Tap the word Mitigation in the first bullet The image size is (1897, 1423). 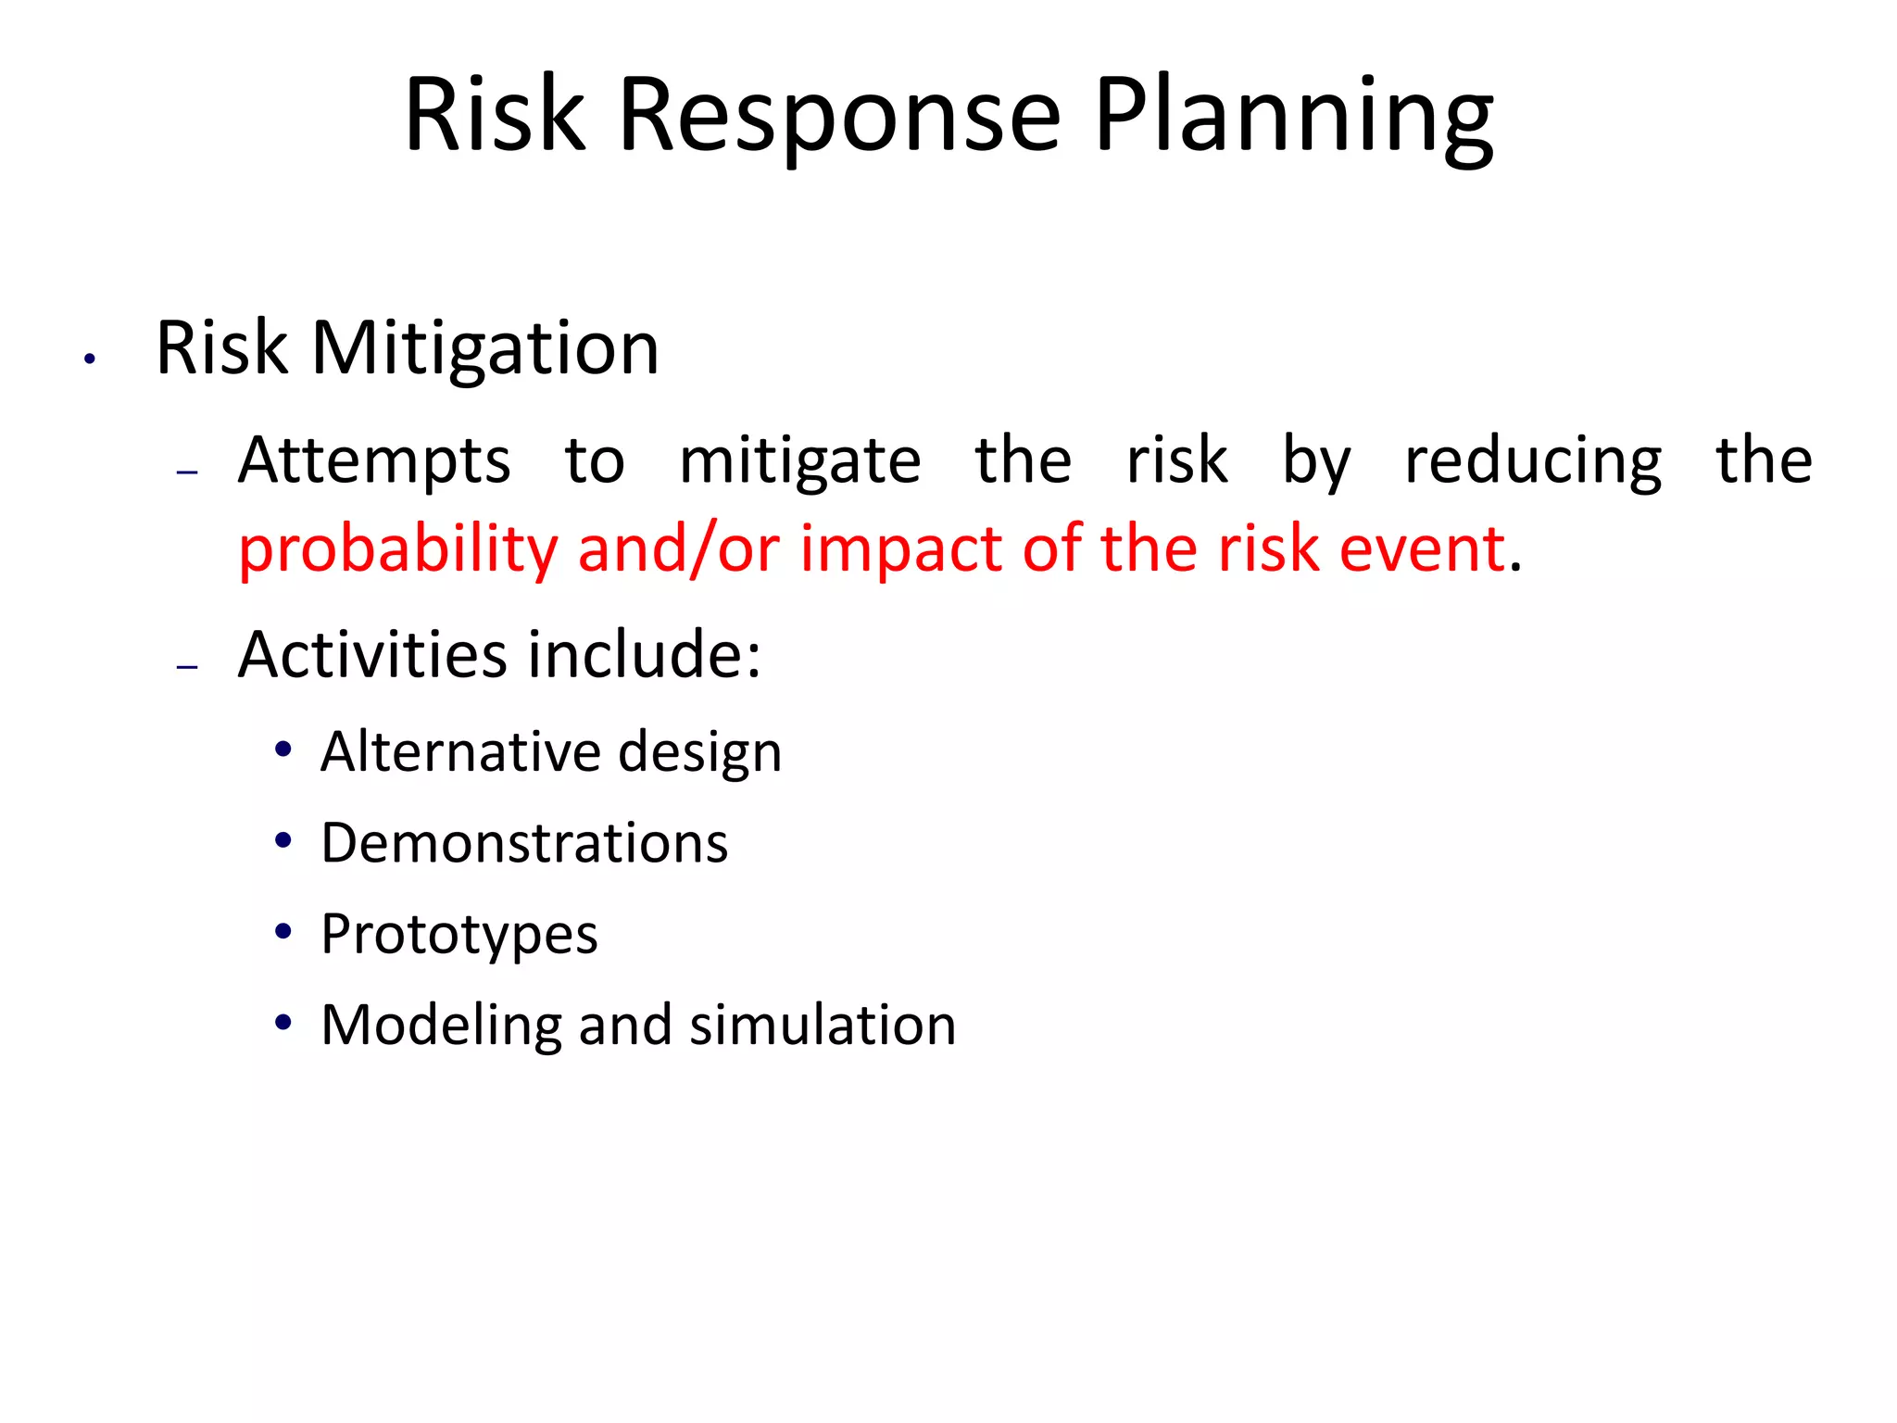coord(485,348)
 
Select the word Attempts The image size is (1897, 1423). coord(374,460)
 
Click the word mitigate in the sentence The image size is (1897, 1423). coord(800,460)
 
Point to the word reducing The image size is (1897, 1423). coord(1533,460)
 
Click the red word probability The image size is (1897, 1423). coord(398,549)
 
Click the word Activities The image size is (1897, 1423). coord(373,655)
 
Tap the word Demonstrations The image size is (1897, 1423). coord(524,843)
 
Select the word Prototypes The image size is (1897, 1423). coord(459,934)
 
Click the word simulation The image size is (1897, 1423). coord(823,1025)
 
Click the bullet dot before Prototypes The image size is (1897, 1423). coord(283,931)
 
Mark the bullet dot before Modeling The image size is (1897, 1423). coord(283,1023)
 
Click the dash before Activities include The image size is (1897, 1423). coord(188,666)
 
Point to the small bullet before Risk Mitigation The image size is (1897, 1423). coord(90,359)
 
